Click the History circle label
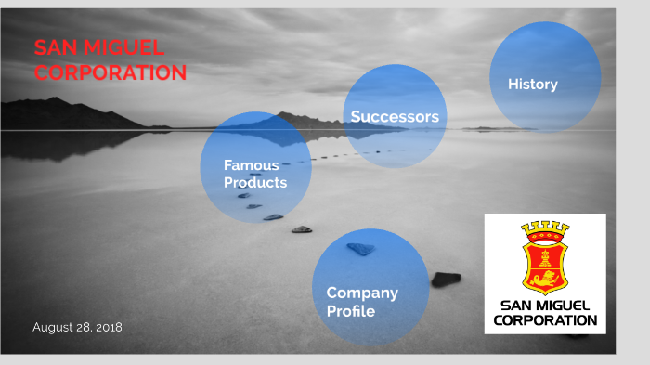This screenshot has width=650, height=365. pos(532,85)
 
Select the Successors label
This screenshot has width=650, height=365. pos(395,117)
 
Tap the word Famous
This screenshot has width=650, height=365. pos(251,165)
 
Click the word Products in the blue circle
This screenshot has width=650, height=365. pos(255,182)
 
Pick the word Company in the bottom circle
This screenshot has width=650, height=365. pos(362,293)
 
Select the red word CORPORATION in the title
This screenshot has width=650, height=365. pos(110,72)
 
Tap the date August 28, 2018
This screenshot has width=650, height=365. pos(77,327)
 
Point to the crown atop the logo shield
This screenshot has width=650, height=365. pos(545,228)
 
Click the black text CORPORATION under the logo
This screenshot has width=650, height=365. pos(545,320)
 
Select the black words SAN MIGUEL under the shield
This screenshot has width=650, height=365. pos(545,306)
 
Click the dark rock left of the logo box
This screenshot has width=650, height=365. pos(446,279)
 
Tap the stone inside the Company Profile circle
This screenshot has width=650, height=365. pos(360,249)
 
